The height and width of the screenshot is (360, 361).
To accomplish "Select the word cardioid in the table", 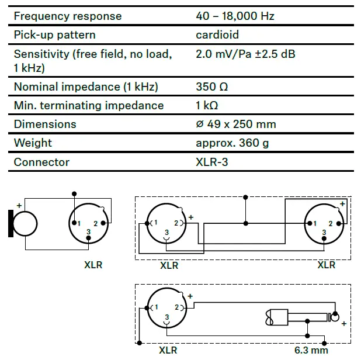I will [217, 35].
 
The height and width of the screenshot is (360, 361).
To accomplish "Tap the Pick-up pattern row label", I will [54, 35].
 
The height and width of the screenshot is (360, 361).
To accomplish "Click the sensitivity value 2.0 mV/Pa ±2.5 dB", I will [245, 54].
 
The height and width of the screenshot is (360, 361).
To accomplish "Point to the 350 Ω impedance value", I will [212, 87].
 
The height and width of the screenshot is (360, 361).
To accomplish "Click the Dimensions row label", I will [45, 124].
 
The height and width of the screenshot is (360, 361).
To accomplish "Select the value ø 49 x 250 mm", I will [236, 124].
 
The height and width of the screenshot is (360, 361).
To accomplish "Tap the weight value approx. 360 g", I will [232, 143].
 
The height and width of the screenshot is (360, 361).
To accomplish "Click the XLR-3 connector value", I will [212, 162].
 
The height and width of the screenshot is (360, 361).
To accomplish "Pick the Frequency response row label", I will [68, 16].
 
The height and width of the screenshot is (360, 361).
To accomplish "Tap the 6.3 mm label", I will [311, 351].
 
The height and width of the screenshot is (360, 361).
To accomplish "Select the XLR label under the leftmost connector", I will [93, 265].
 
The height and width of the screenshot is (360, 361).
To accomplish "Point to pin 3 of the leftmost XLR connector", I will [88, 233].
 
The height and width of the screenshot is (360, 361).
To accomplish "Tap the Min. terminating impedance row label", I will [89, 106].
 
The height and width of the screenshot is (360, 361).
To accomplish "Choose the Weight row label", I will [33, 143].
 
